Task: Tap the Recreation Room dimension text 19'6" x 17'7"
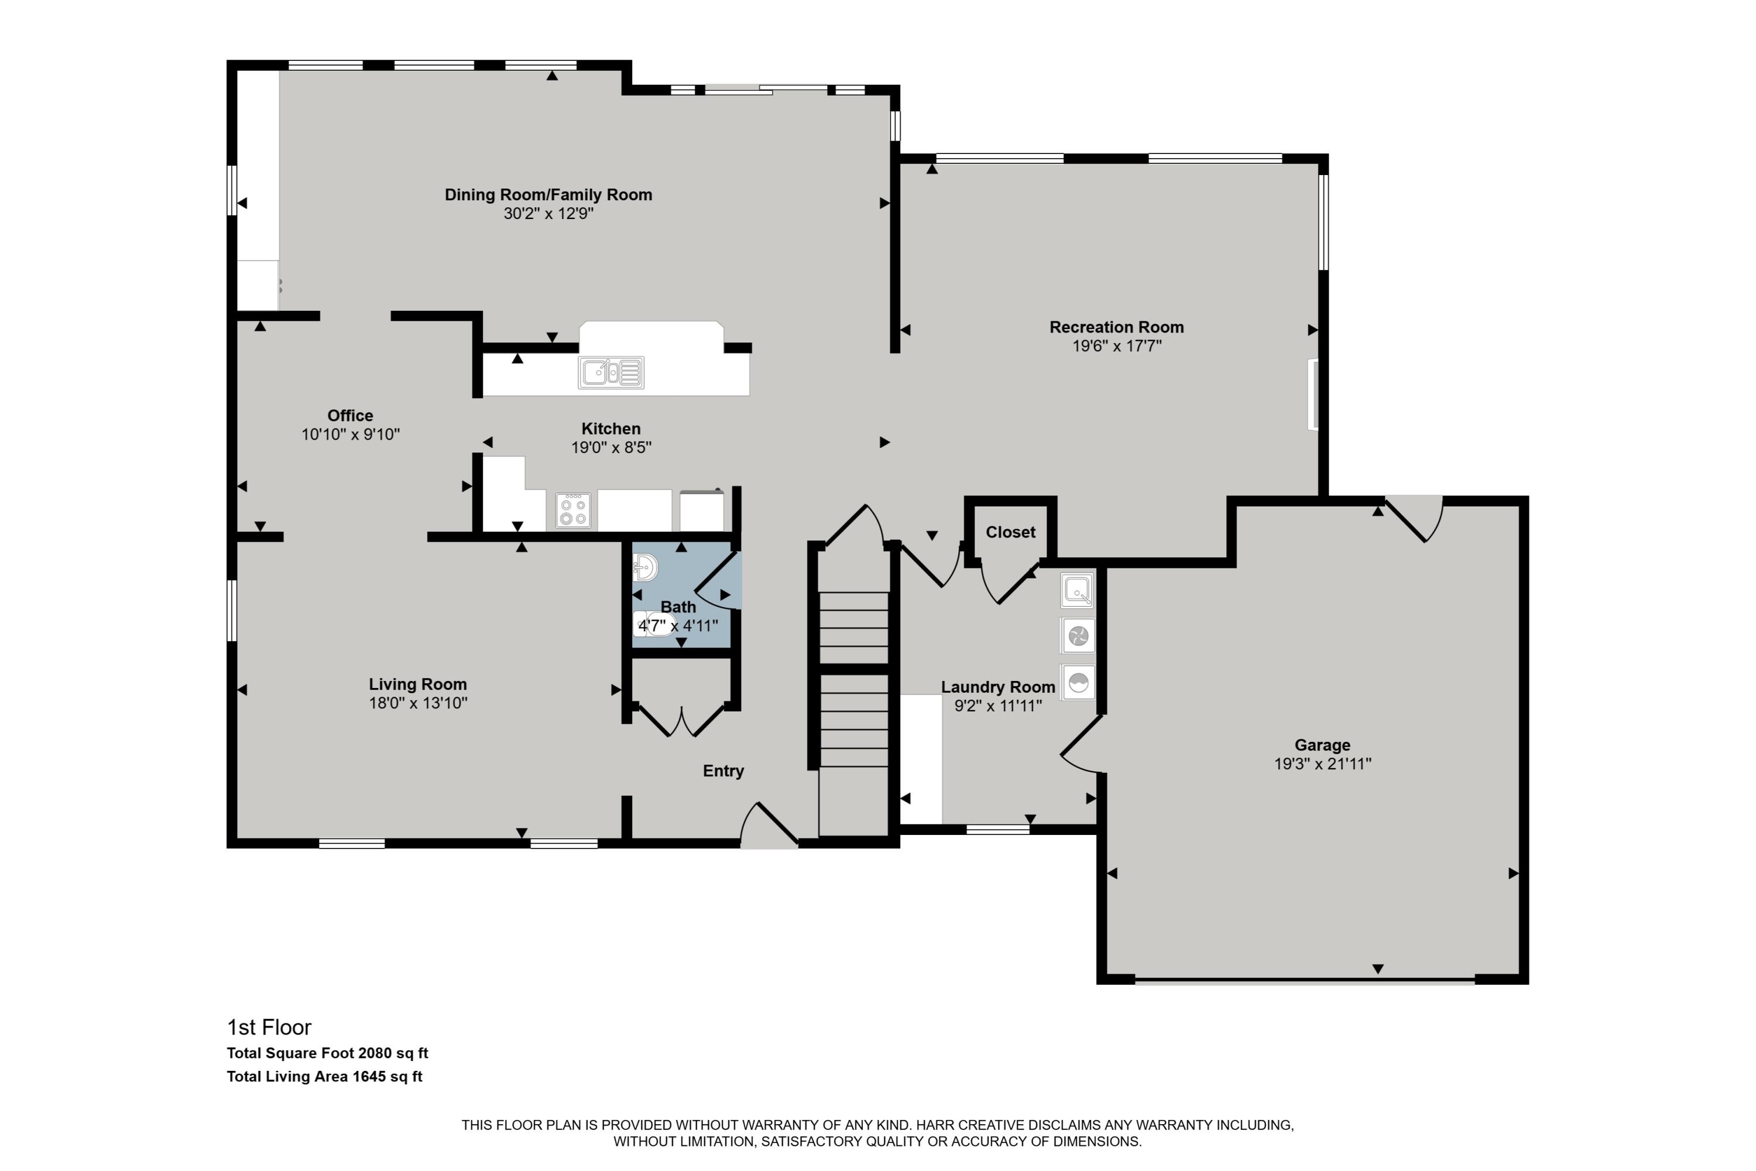click(x=1116, y=346)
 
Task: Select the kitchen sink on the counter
click(x=611, y=372)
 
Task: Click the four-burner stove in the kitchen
click(x=572, y=511)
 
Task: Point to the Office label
click(x=349, y=415)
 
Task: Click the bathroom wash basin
click(x=644, y=567)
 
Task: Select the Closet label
click(x=1010, y=532)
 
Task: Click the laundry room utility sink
click(x=1076, y=591)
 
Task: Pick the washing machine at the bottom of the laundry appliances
click(x=1078, y=683)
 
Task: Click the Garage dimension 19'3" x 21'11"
click(x=1322, y=763)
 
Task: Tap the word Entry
click(x=723, y=771)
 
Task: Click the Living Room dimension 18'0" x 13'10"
click(x=417, y=703)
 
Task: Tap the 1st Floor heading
click(x=269, y=1028)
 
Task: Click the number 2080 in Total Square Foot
click(x=374, y=1053)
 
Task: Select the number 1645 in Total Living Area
click(x=369, y=1076)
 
